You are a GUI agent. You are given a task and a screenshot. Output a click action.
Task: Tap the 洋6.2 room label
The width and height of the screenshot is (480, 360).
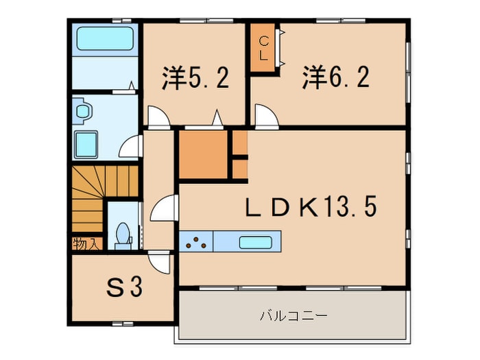coord(335,77)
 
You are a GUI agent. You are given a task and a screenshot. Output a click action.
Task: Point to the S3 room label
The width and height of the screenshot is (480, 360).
coord(124,287)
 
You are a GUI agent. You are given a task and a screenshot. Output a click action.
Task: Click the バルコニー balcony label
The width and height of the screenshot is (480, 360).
coord(293,316)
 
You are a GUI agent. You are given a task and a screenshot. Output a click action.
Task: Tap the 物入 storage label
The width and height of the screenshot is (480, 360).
coord(85,243)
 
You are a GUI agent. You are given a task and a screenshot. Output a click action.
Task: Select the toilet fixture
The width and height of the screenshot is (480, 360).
coord(123,233)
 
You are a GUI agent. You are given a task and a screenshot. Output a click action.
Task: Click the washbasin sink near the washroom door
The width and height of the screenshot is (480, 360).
coord(81,110)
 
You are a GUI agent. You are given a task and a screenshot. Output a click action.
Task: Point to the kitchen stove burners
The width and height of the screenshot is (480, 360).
coord(197,241)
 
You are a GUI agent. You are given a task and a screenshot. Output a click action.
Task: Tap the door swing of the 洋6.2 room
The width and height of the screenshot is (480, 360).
coord(266,117)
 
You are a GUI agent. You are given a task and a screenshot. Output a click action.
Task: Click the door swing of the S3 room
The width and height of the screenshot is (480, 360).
coord(160,262)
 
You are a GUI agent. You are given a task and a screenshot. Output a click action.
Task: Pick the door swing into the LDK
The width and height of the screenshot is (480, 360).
coord(165,208)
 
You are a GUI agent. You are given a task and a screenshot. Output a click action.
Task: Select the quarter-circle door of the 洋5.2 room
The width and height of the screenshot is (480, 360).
coord(158,117)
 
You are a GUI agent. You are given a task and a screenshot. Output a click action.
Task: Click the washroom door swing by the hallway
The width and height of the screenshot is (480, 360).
coord(131,146)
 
